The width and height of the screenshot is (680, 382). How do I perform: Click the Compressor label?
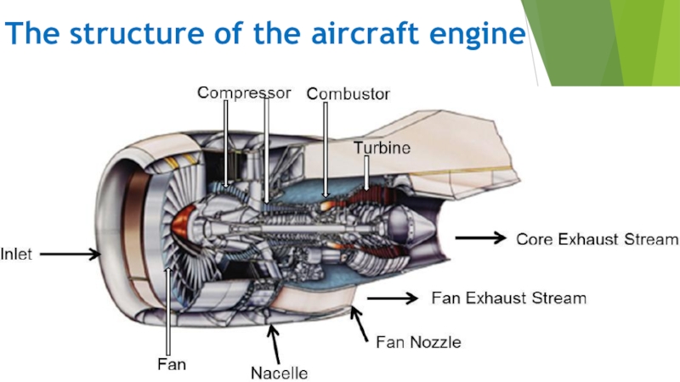[244, 92]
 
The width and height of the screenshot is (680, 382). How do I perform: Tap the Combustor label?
[348, 93]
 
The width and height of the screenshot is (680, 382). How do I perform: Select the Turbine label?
[382, 148]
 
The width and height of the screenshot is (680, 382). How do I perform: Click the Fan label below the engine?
[172, 364]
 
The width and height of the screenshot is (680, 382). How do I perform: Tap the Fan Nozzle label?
[418, 343]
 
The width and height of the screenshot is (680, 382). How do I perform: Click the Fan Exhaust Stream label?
[509, 299]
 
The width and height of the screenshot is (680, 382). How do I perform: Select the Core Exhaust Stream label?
[598, 239]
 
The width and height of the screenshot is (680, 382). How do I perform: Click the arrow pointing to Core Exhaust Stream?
[481, 239]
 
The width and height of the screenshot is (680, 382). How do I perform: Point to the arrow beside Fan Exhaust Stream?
[392, 298]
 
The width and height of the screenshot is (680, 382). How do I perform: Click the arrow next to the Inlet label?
[71, 253]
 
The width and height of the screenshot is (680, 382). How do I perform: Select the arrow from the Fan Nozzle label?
[361, 324]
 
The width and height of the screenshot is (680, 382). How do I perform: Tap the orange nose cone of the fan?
[183, 224]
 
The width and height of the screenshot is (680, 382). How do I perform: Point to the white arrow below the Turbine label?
[366, 173]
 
